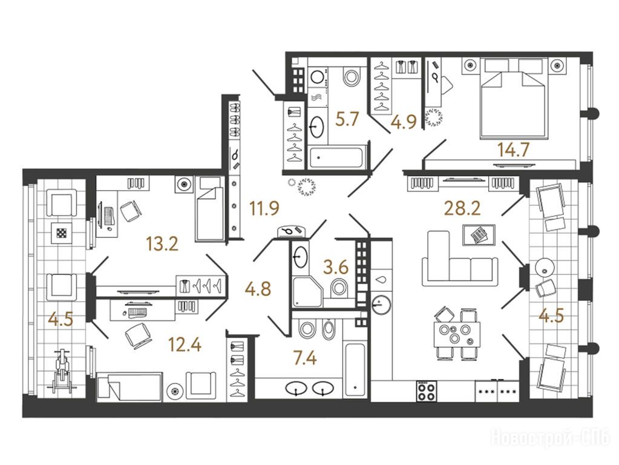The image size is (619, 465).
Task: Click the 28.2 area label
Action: tap(462, 208)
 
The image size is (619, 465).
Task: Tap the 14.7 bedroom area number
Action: tap(513, 150)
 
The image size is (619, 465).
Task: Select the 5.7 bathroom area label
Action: tap(347, 119)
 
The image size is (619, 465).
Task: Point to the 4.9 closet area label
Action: tap(404, 122)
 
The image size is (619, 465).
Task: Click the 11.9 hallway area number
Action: tap(264, 208)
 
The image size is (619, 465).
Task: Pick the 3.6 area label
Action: tap(336, 268)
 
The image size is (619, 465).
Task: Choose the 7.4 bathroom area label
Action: tap(304, 358)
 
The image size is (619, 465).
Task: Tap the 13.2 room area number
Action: tap(162, 243)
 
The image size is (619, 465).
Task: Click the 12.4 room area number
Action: tap(185, 345)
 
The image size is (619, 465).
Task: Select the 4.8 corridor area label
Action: tap(258, 289)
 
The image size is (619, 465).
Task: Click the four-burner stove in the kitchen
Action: tap(426, 391)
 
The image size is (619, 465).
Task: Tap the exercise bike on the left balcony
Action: tap(61, 371)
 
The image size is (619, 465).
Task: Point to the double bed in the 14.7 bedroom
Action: tap(513, 99)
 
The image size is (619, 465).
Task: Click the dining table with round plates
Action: tap(457, 334)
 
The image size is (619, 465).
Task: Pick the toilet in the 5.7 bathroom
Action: tap(352, 76)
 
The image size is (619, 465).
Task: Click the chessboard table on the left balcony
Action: tap(61, 233)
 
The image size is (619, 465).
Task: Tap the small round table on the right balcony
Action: tap(545, 268)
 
